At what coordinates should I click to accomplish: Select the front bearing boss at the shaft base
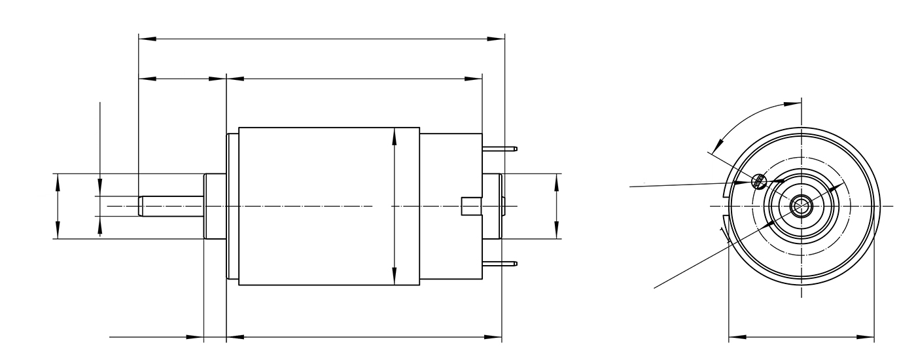[215, 206]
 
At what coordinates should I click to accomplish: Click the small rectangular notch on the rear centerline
[471, 206]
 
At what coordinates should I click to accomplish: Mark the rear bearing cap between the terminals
[492, 206]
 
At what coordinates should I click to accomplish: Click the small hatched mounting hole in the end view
[759, 180]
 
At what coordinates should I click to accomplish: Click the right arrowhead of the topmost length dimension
[497, 39]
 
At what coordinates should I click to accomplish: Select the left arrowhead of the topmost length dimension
[147, 39]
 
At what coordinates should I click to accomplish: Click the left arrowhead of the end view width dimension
[737, 338]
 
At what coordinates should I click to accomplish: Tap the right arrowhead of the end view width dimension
[868, 338]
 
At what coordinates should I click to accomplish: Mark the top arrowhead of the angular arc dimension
[794, 103]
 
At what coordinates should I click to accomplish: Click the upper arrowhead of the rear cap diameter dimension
[556, 181]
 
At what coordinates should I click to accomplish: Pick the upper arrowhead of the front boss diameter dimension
[58, 181]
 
